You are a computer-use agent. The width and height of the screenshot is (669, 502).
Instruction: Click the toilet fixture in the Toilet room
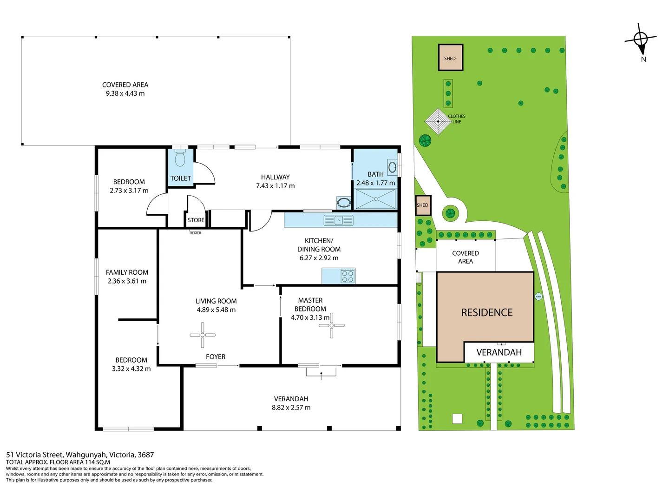coord(180,158)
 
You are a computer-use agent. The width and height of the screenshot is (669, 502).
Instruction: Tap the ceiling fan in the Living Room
coord(203,335)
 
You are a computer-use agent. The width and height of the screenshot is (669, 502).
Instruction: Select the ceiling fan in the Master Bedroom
coord(332,325)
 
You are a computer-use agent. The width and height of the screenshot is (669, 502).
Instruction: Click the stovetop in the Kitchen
coord(348,276)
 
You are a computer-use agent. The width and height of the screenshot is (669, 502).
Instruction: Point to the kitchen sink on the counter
coord(339,220)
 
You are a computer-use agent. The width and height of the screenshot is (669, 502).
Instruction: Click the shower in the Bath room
coord(375,199)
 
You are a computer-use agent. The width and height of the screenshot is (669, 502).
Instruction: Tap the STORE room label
coord(196,220)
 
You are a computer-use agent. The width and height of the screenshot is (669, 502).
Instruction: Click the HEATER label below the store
coord(195,233)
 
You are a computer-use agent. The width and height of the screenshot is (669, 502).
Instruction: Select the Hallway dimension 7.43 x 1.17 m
coord(275,186)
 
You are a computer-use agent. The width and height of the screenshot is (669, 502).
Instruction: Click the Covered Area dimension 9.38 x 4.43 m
coord(125,93)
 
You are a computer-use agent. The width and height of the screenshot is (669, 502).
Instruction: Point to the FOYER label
coord(216,357)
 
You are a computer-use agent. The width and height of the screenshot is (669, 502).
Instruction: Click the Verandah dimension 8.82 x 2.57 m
coord(291,408)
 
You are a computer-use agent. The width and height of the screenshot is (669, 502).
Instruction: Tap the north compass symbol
coord(641,40)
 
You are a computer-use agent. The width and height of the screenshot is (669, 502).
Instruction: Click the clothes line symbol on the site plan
coord(438,121)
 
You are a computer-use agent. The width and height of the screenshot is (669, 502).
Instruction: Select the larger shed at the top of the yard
coord(450,58)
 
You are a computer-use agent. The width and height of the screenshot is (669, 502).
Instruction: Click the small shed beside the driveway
coord(423,205)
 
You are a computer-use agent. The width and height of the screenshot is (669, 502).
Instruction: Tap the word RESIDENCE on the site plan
coord(487,313)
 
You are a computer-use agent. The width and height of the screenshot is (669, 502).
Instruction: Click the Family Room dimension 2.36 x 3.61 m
coord(127,281)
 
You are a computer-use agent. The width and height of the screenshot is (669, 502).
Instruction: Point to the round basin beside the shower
coord(344,203)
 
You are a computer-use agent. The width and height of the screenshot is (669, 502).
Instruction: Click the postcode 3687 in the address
coord(146,455)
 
